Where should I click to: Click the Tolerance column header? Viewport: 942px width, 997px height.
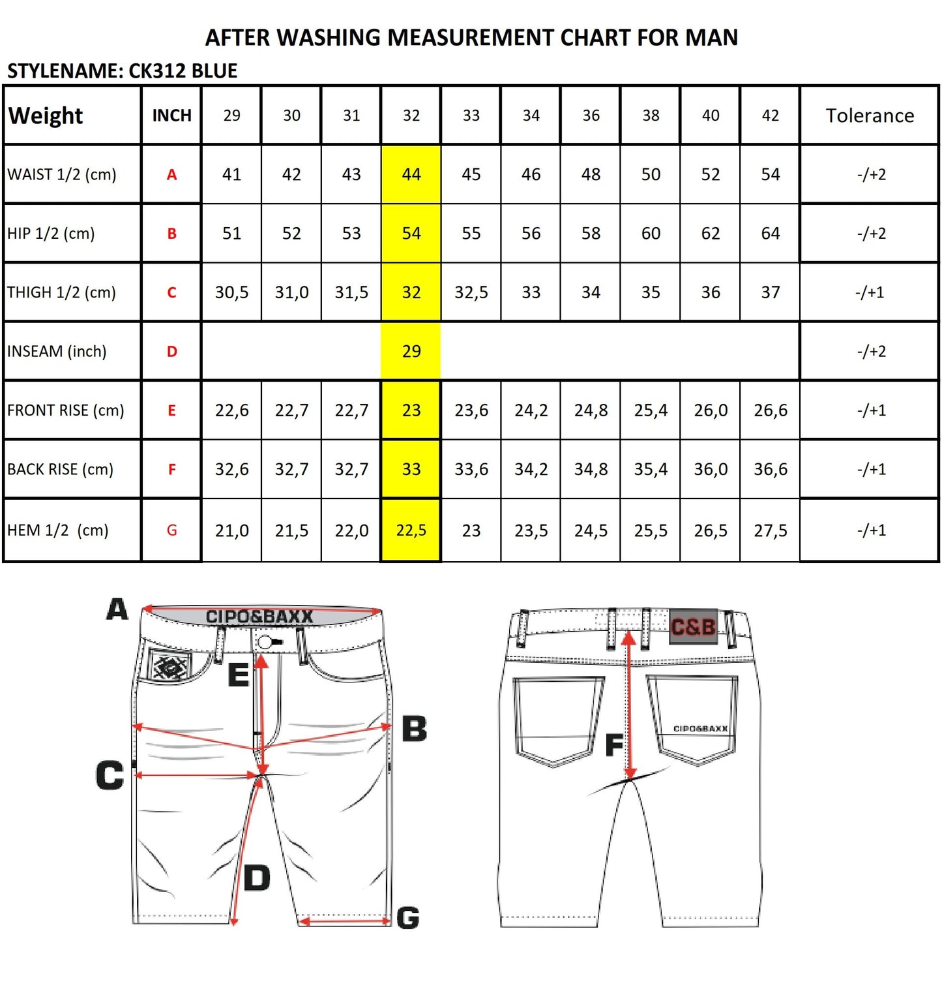pos(870,115)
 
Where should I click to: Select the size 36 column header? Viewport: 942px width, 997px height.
pos(591,115)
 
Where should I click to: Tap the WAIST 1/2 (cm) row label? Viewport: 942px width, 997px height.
pos(62,174)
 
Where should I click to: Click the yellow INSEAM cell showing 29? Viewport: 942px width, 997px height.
pos(411,351)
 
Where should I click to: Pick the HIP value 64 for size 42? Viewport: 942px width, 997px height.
pos(771,234)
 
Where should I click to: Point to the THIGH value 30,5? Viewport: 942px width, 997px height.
pos(232,292)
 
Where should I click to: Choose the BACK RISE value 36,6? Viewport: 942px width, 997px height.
pos(771,469)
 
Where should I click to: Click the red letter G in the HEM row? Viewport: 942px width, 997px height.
pos(172,530)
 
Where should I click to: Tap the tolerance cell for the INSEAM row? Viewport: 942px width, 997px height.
pos(871,351)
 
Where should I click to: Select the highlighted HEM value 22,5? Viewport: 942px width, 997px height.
pos(411,530)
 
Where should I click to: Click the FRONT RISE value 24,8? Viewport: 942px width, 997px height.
pos(591,410)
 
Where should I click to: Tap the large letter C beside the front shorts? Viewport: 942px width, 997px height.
pos(110,775)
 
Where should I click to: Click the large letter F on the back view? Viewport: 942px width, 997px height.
pos(614,744)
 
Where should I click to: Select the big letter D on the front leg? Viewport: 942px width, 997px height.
pos(257,878)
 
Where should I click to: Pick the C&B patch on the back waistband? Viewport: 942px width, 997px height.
pos(694,626)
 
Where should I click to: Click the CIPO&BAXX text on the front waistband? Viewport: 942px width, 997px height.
pos(259,617)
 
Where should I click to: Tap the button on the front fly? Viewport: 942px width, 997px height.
pos(265,643)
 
